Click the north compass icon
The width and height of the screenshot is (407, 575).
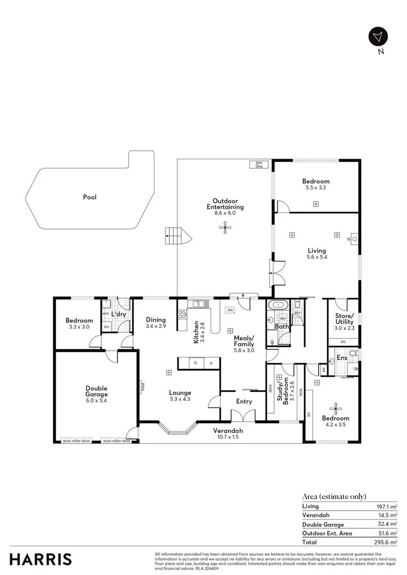pyautogui.click(x=378, y=36)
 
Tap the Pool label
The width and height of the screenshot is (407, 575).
pyautogui.click(x=89, y=197)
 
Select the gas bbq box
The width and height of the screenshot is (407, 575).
pyautogui.click(x=259, y=165)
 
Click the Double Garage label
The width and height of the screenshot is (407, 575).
pyautogui.click(x=96, y=391)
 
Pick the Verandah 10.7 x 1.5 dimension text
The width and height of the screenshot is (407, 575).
pyautogui.click(x=228, y=437)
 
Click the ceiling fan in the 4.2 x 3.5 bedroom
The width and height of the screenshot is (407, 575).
pyautogui.click(x=336, y=409)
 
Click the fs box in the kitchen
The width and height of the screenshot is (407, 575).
pyautogui.click(x=196, y=363)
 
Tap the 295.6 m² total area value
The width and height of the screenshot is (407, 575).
pyautogui.click(x=386, y=542)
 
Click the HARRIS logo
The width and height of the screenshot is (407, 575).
pyautogui.click(x=40, y=559)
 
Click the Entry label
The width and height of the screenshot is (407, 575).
pyautogui.click(x=244, y=401)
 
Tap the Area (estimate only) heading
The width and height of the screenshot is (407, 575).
pyautogui.click(x=334, y=496)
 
